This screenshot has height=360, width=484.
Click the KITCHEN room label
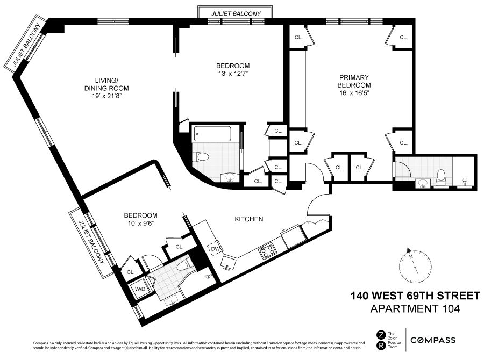(248, 219)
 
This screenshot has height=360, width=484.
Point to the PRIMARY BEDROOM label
(354, 81)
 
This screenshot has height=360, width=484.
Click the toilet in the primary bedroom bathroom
(441, 178)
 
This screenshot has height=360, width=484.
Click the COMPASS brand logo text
(433, 340)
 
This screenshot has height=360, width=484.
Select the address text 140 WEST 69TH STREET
(415, 296)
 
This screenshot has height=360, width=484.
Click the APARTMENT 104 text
(415, 309)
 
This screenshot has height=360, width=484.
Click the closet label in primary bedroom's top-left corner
(298, 38)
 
